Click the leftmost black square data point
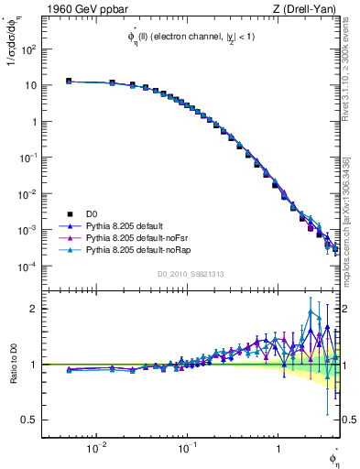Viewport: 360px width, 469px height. click(69, 82)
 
